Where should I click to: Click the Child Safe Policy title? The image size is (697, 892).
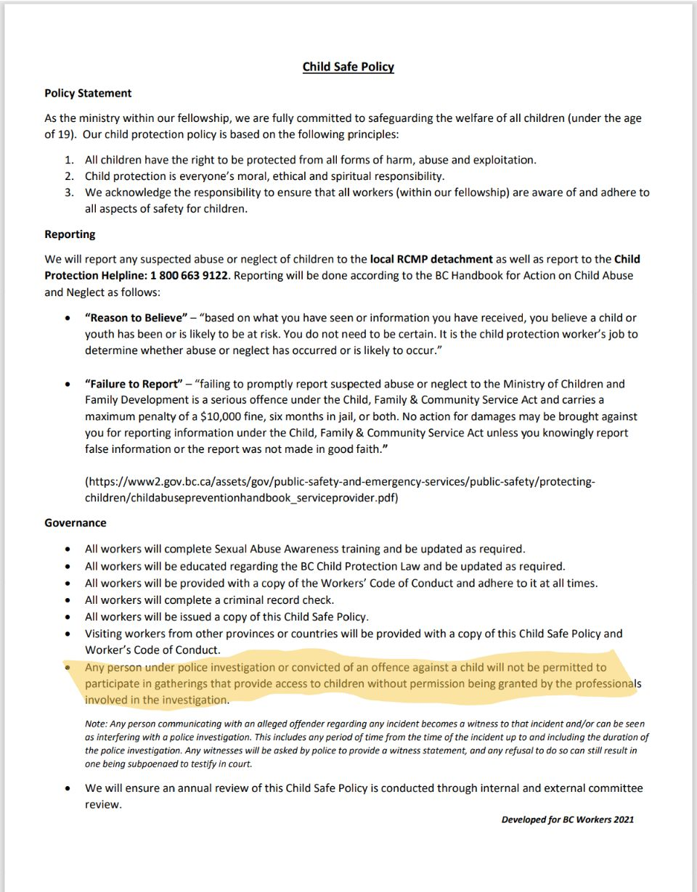[x=348, y=67]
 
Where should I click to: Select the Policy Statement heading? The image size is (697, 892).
[x=88, y=94]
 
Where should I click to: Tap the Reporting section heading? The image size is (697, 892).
[x=70, y=234]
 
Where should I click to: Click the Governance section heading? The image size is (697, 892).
[x=76, y=523]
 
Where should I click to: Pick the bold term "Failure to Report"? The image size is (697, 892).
[x=132, y=384]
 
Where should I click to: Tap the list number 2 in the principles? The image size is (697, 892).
[x=70, y=176]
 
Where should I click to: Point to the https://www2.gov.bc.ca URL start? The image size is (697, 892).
[x=160, y=482]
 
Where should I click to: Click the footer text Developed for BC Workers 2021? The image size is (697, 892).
[x=567, y=820]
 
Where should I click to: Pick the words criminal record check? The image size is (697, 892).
[x=283, y=600]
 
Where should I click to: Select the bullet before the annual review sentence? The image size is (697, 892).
[x=68, y=789]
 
